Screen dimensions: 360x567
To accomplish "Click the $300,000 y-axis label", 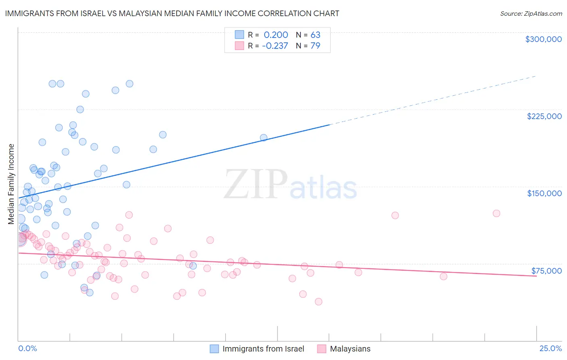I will point(543,39).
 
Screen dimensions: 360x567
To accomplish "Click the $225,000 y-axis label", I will point(544,116).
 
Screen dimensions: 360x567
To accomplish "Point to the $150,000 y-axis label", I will point(544,193).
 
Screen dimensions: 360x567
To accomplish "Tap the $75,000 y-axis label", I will point(546,270).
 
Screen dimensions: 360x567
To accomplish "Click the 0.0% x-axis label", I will point(27,348).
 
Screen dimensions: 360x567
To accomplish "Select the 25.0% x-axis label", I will point(550,348).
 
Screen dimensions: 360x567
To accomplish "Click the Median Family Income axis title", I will point(11,184).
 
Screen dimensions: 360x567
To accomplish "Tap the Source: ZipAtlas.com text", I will point(531,13).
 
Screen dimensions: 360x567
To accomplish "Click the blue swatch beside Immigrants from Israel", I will point(214,349).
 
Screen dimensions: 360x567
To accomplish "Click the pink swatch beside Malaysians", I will point(321,349).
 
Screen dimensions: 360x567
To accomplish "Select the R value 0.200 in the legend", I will point(276,35).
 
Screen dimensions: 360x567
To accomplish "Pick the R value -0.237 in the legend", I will point(275,46).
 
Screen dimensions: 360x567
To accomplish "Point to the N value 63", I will point(315,35).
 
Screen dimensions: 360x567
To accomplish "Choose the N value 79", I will point(315,46).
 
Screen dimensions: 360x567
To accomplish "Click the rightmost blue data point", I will point(263,138).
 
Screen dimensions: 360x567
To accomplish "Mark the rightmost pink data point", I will point(496,213).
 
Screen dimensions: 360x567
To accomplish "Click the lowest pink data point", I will point(318,301).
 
